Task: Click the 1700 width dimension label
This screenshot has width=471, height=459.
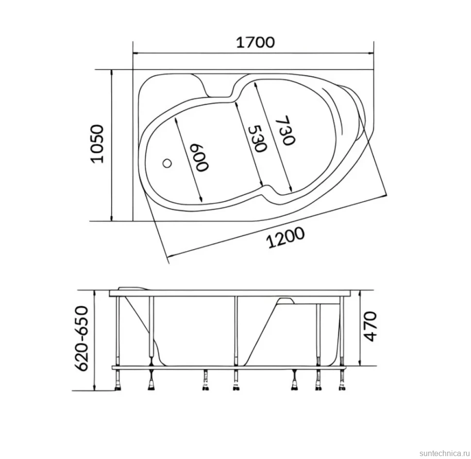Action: pos(255,42)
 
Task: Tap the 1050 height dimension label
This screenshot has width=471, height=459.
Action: pos(97,144)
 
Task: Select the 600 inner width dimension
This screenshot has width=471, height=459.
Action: pos(199,158)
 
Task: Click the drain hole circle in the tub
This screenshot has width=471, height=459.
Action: pos(167,164)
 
